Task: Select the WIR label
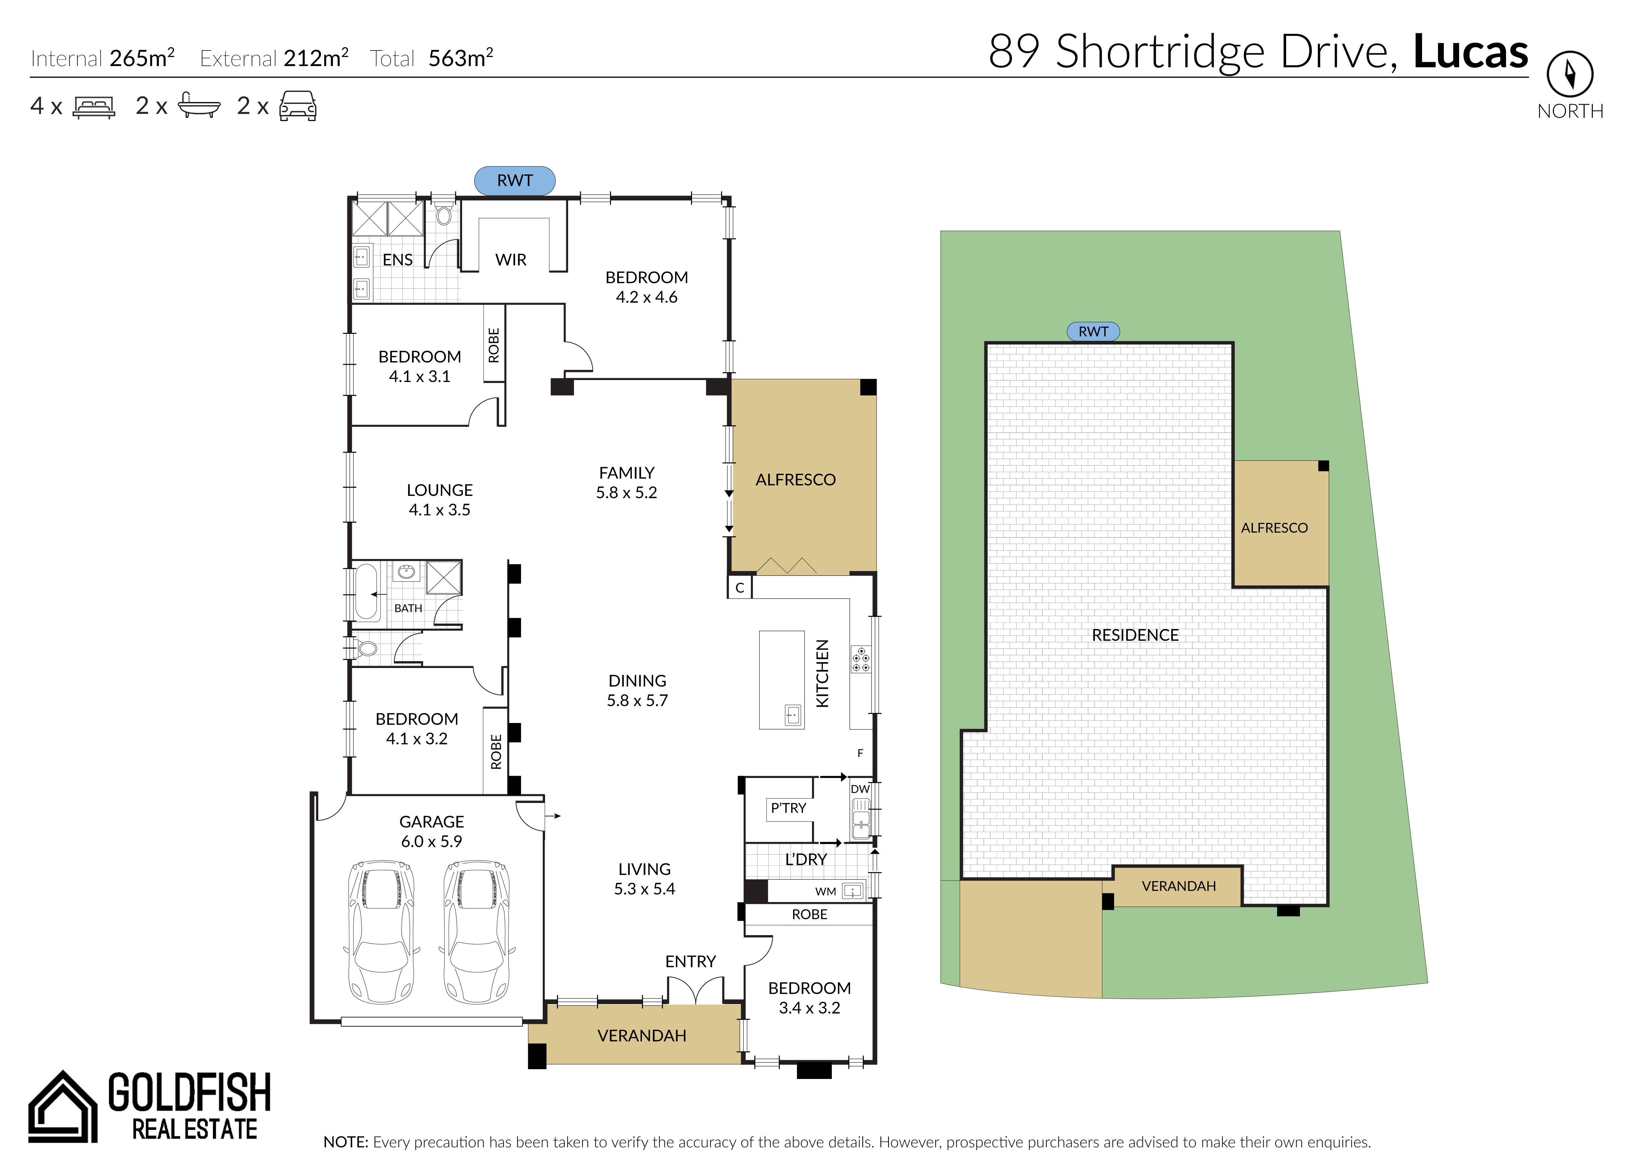pos(511,260)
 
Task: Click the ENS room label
pos(397,260)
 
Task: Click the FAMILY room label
pos(626,472)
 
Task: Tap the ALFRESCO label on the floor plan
pos(795,480)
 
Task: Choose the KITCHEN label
pos(822,673)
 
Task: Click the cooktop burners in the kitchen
pos(861,660)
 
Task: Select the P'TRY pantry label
pos(788,808)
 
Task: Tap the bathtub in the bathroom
pos(366,592)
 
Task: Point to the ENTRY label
pos(690,961)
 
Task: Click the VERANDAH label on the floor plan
pos(641,1036)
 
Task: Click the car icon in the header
pos(298,106)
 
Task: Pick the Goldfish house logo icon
pos(63,1106)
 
